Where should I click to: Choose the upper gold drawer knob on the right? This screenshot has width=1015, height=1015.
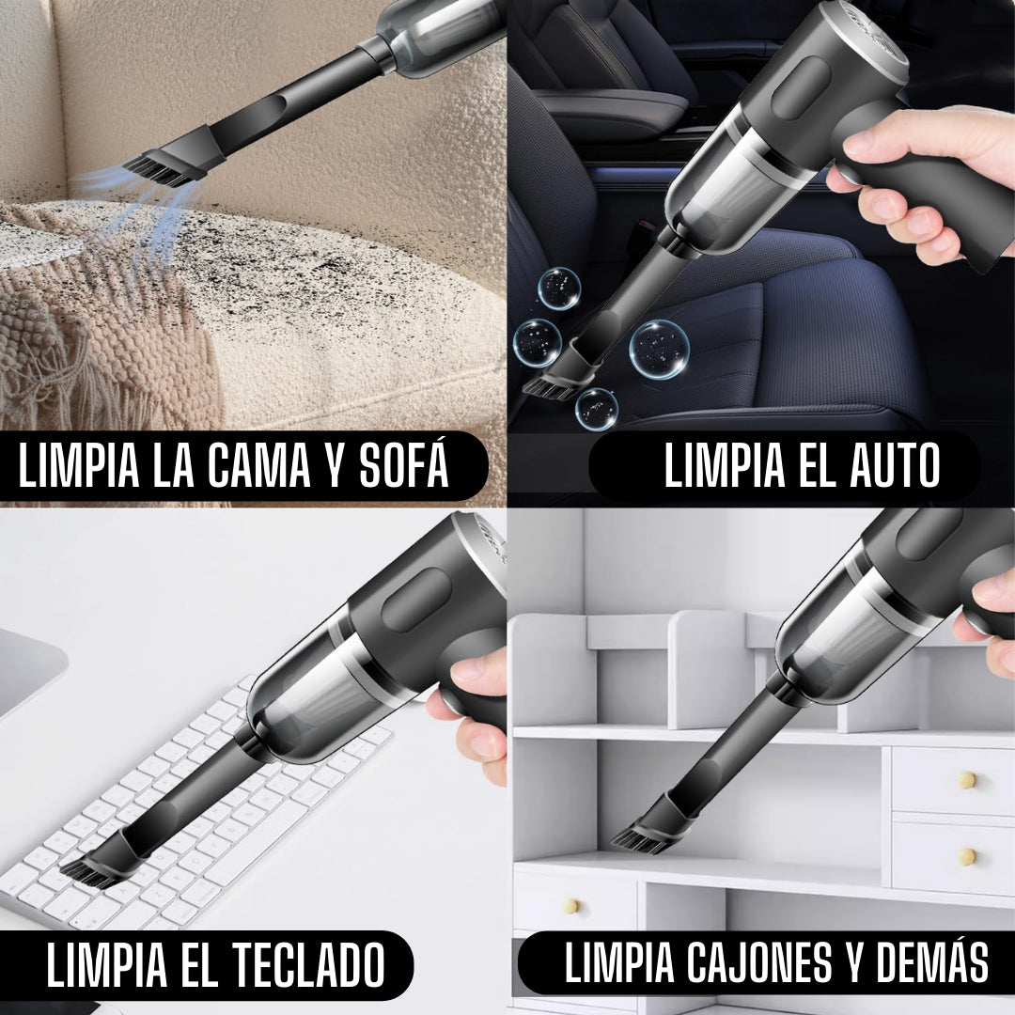[967, 779]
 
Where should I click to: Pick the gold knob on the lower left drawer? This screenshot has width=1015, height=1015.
[570, 906]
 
